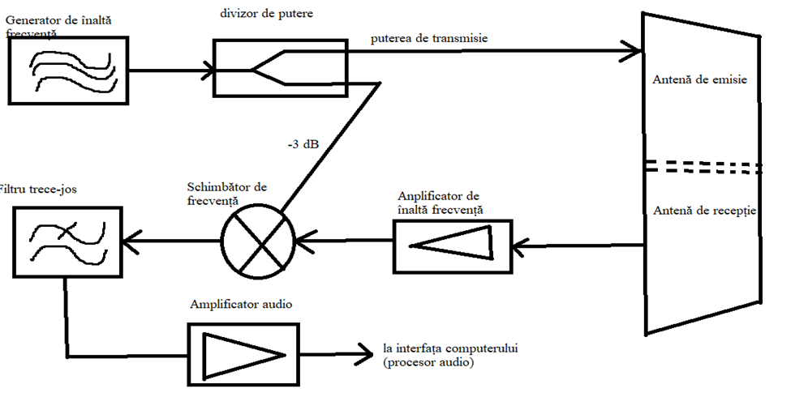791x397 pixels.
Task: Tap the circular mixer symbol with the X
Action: pos(260,241)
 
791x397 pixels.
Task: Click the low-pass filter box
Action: pos(69,241)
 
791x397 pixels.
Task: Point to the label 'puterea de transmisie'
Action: pos(429,38)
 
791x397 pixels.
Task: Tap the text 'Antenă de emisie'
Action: pos(699,80)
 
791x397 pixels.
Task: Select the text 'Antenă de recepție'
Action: pos(703,211)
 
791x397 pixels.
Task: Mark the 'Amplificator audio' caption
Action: pos(240,305)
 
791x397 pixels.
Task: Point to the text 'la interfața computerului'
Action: pos(450,348)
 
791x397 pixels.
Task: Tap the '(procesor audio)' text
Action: pos(428,363)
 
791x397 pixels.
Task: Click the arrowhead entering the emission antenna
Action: pos(634,53)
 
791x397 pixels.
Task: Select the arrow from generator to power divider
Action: pos(170,70)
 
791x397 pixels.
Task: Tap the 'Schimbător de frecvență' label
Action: pos(226,191)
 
